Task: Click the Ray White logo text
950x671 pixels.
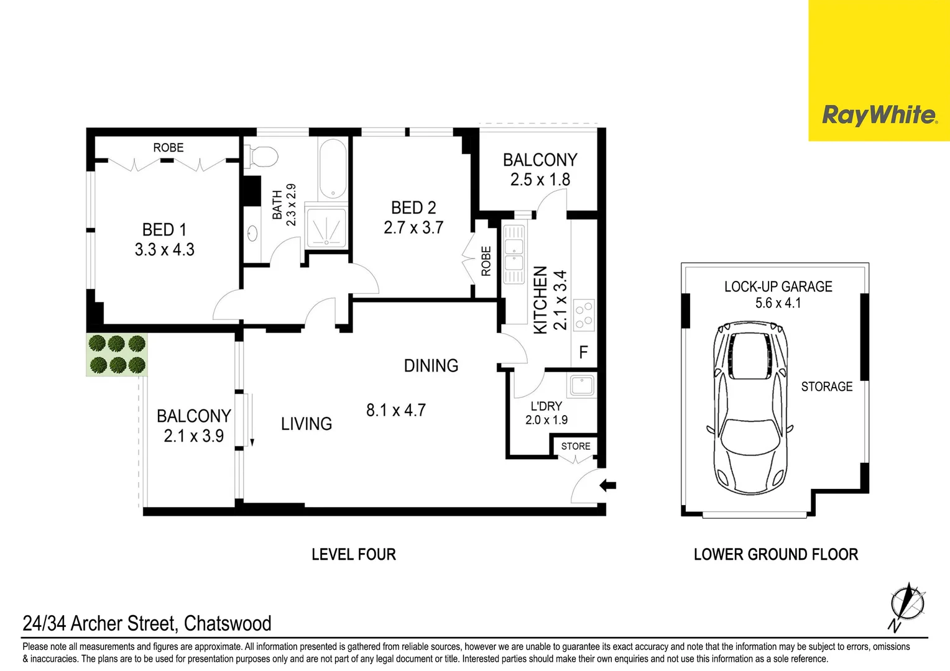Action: [x=879, y=116]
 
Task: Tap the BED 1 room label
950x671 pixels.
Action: [x=164, y=230]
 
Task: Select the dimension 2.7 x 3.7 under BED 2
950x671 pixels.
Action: [x=413, y=228]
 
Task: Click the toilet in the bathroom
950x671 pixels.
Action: [x=261, y=156]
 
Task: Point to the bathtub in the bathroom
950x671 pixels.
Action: [x=333, y=168]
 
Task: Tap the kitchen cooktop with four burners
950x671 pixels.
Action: [x=583, y=315]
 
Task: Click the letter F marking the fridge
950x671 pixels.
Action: [x=583, y=353]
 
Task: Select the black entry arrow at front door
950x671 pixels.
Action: [x=607, y=486]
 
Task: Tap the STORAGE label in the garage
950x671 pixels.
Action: [x=826, y=386]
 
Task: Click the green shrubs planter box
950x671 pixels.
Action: [x=117, y=354]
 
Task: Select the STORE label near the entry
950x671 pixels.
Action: [x=576, y=446]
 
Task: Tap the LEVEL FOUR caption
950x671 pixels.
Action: [x=353, y=554]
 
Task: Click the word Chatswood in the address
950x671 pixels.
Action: [x=228, y=623]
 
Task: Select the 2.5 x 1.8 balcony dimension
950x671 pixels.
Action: [x=540, y=180]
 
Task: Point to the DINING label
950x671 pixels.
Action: [x=431, y=365]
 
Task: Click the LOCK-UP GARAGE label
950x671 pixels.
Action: [x=778, y=286]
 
